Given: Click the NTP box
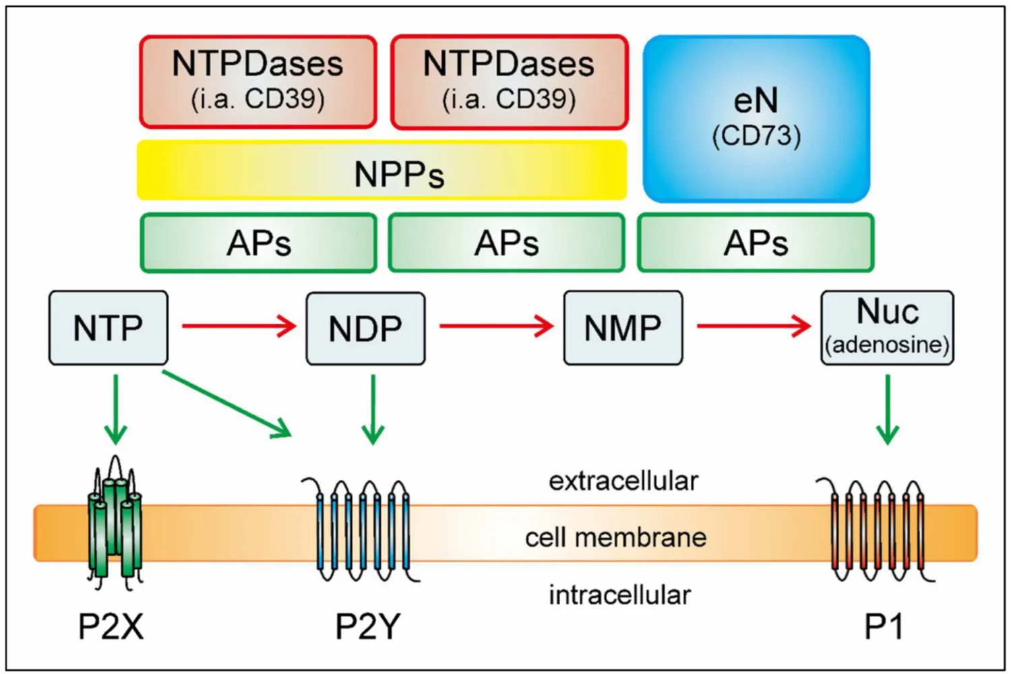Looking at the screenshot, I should pyautogui.click(x=108, y=328).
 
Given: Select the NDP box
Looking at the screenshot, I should pyautogui.click(x=365, y=328).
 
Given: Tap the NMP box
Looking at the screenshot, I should pyautogui.click(x=623, y=328).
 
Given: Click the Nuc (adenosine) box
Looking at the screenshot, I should pyautogui.click(x=887, y=328).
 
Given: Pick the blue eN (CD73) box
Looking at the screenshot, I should pyautogui.click(x=756, y=119).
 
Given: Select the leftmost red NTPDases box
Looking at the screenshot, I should pyautogui.click(x=257, y=82).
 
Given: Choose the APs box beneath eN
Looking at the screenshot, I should pyautogui.click(x=756, y=243).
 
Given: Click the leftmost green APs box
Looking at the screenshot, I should pyautogui.click(x=258, y=243).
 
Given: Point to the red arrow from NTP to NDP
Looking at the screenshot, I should pyautogui.click(x=239, y=327).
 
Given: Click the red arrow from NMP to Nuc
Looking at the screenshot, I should pyautogui.click(x=753, y=327).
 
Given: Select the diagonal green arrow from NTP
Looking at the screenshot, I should pyautogui.click(x=226, y=402).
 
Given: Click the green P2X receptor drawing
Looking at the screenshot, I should pyautogui.click(x=115, y=522).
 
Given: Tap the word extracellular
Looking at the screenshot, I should pyautogui.click(x=623, y=481).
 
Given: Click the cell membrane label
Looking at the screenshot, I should pyautogui.click(x=615, y=538).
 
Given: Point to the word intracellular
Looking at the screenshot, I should pyautogui.click(x=619, y=595).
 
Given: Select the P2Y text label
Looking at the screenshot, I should pyautogui.click(x=367, y=627).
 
